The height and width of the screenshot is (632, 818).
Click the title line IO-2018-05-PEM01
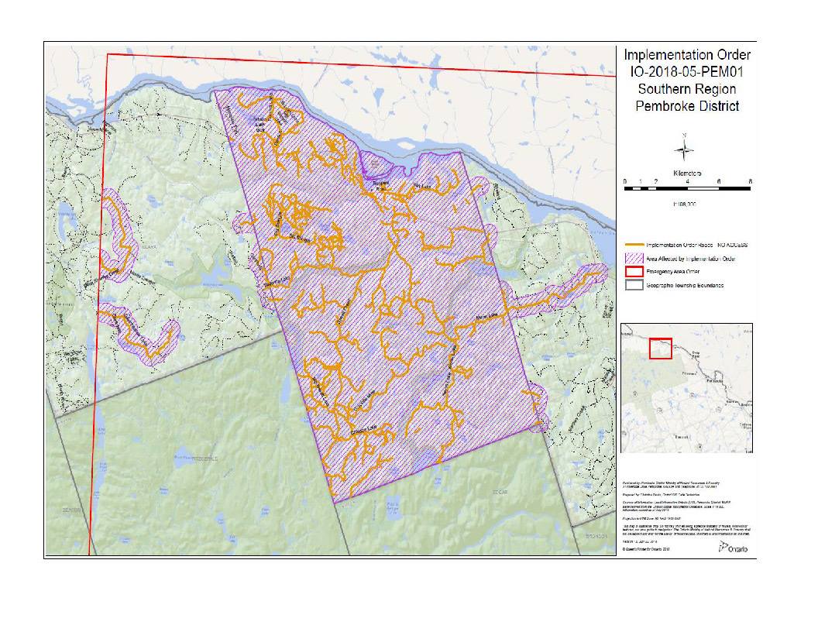(687, 72)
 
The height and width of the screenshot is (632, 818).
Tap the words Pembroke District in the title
(687, 106)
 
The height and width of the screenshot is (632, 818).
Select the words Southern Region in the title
(687, 89)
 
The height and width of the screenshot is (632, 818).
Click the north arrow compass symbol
(685, 149)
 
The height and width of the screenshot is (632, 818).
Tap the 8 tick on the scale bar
(751, 180)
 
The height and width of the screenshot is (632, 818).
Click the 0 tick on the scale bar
(625, 180)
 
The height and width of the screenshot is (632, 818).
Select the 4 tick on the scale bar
(688, 180)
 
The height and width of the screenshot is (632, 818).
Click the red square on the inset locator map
(660, 349)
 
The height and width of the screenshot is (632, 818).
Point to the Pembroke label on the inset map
(721, 381)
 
